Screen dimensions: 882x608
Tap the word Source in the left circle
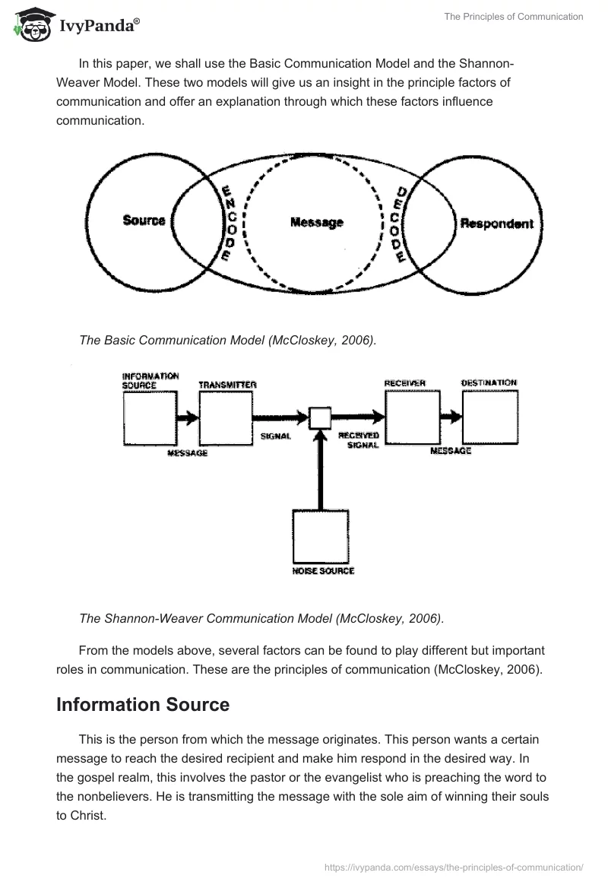coord(144,221)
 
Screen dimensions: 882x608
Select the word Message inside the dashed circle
coord(317,223)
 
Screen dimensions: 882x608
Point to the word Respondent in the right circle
coord(496,224)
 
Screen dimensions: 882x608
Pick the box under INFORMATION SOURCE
coord(150,418)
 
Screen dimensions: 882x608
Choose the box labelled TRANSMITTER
coord(225,418)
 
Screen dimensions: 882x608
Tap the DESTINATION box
coord(490,417)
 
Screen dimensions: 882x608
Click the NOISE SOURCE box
coord(321,537)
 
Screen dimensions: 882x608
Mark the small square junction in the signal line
coord(320,417)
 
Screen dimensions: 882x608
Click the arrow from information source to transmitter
coord(187,417)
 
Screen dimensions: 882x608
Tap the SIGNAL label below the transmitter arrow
coord(275,437)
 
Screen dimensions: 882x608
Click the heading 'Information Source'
coord(143,704)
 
